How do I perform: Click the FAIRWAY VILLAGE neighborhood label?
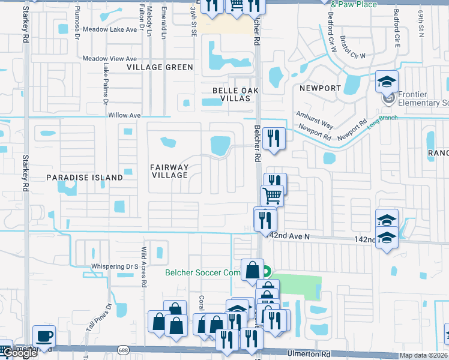[169, 171]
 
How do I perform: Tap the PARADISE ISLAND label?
[85, 178]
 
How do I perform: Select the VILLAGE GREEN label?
[160, 67]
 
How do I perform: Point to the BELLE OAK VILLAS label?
[239, 94]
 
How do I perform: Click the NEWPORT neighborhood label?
[320, 88]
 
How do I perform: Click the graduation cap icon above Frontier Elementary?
[387, 80]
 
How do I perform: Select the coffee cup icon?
[43, 335]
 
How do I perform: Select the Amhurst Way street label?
[315, 119]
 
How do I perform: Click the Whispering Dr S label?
[115, 266]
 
